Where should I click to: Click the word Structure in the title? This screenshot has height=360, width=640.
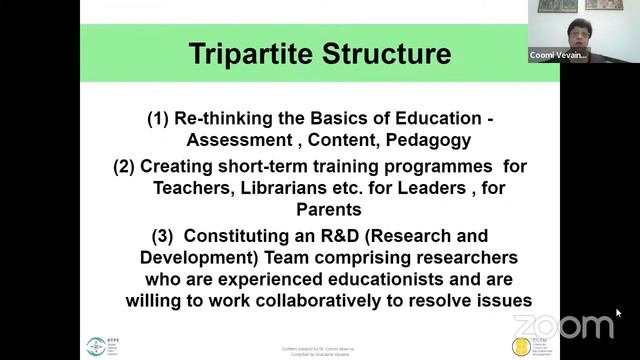point(383,54)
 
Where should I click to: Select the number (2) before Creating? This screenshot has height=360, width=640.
point(124,165)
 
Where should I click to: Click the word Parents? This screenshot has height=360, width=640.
point(328,209)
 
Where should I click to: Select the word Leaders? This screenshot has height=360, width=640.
point(447,187)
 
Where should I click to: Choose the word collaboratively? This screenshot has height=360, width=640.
point(347,300)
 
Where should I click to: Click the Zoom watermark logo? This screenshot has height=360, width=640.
point(563,326)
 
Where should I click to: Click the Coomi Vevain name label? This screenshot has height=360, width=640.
point(558,56)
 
